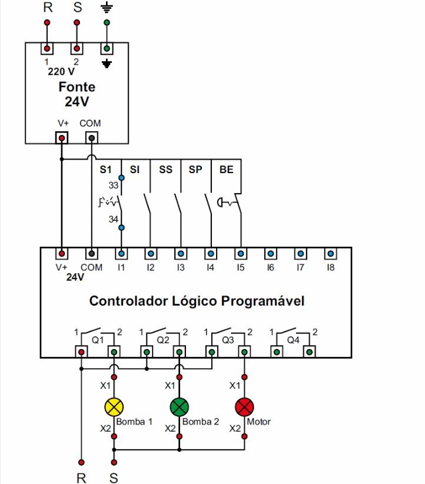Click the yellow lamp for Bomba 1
[x=114, y=406]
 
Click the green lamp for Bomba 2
[x=179, y=406]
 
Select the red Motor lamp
[x=244, y=406]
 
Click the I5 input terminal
[x=240, y=254]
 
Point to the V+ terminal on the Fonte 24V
[x=62, y=137]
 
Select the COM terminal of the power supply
[x=91, y=137]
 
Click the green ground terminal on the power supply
[x=107, y=48]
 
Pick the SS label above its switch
[x=165, y=170]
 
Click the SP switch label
[x=195, y=170]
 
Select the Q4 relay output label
[x=293, y=340]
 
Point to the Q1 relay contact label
[x=98, y=340]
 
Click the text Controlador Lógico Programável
[x=197, y=301]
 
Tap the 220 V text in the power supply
[x=61, y=72]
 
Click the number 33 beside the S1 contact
[x=113, y=185]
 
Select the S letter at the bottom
[x=114, y=478]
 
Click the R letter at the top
[x=48, y=8]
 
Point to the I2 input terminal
[x=151, y=254]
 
